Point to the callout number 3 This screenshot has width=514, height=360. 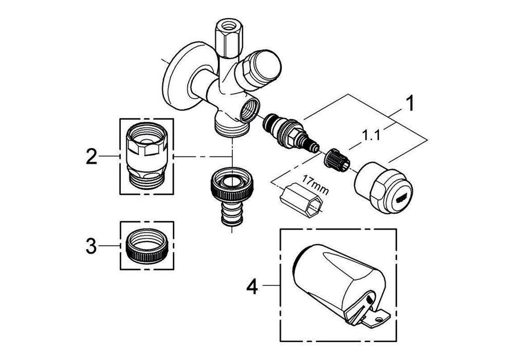click(x=91, y=246)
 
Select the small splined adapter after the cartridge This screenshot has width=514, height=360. click(x=336, y=159)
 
